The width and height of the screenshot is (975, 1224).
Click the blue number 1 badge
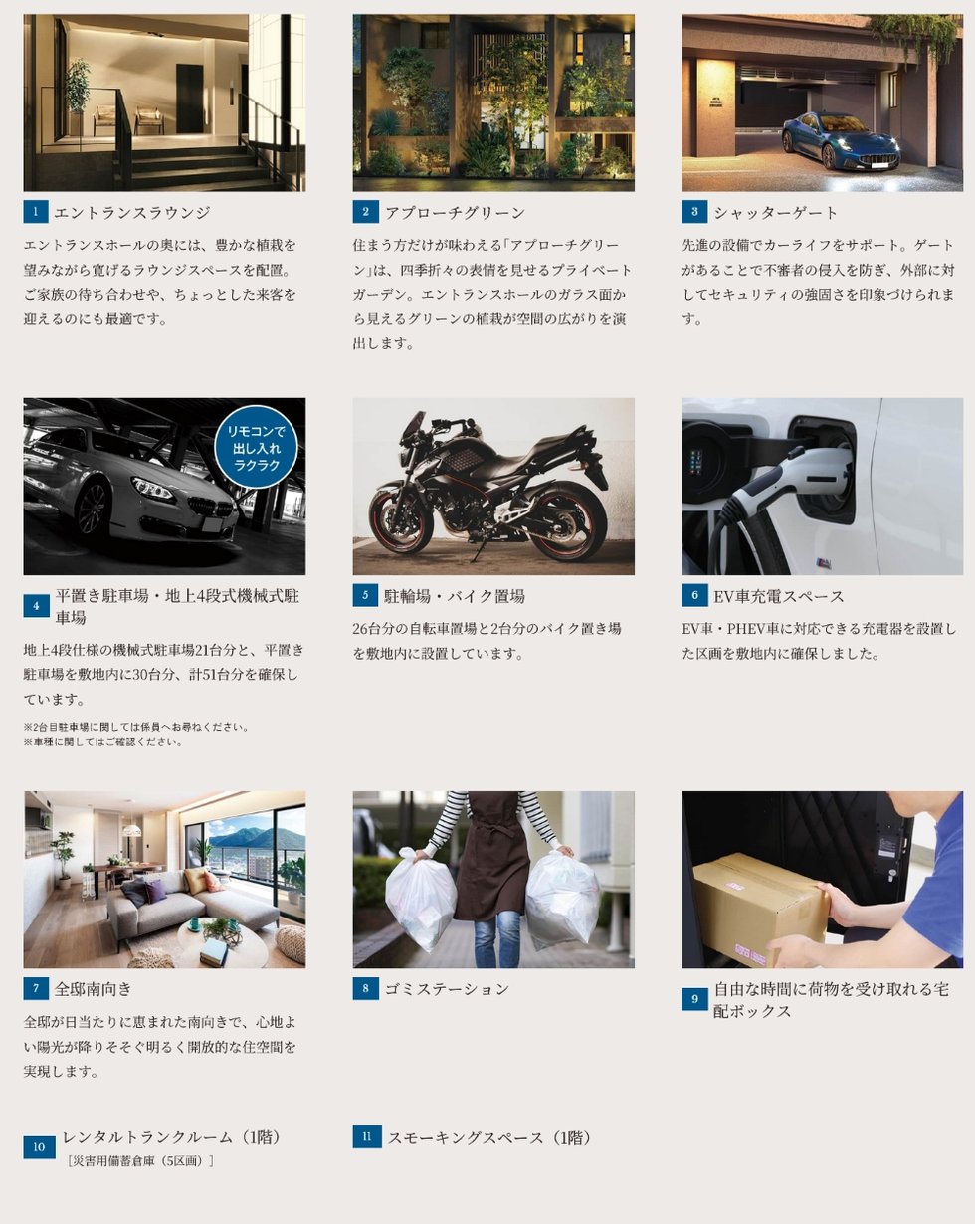(36, 212)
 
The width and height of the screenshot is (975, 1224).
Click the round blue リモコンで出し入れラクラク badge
(256, 447)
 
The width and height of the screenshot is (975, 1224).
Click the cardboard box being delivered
(760, 910)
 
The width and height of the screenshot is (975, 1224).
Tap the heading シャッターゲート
(776, 213)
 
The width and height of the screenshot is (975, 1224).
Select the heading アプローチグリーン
(455, 213)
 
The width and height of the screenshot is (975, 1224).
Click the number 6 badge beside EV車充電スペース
(694, 595)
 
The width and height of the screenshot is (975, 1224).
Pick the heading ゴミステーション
(447, 989)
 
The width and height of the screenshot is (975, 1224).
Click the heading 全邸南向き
(94, 989)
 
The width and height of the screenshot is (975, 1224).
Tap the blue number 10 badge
(39, 1147)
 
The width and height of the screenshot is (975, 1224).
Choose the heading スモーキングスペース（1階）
(489, 1138)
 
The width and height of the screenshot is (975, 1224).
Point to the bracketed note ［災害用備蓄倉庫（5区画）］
(140, 1161)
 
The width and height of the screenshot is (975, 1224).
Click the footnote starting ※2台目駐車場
(136, 727)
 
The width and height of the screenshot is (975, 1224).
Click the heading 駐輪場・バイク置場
(455, 596)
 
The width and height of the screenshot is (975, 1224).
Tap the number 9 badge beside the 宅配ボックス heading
(694, 999)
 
